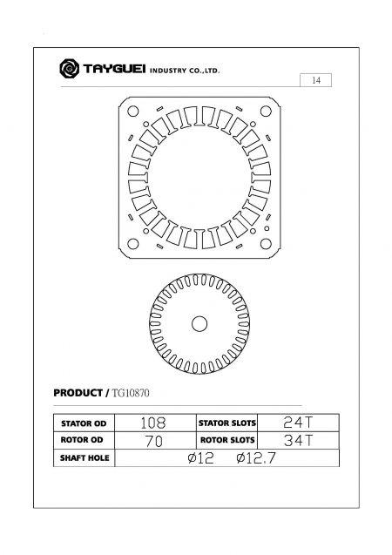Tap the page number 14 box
click(316, 81)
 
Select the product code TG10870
click(132, 394)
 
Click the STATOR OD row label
click(83, 423)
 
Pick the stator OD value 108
click(153, 423)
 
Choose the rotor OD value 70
click(153, 440)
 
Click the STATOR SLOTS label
click(226, 423)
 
